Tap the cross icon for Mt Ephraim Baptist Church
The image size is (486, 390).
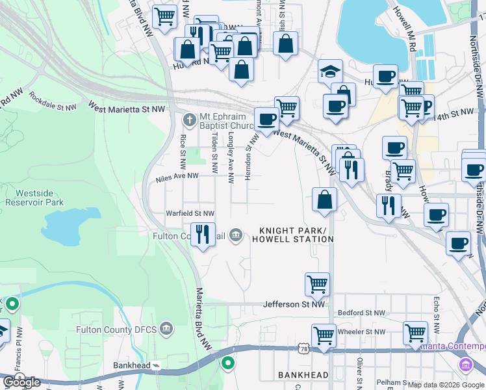tap(189, 120)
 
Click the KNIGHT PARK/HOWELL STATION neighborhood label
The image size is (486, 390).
tap(296, 235)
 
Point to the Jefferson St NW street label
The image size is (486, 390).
tap(294, 304)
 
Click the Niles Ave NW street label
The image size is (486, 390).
tap(177, 176)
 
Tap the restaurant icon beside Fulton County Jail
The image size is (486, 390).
tap(203, 233)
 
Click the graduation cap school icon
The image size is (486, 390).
tap(330, 71)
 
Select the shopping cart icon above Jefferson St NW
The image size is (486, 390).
tap(317, 283)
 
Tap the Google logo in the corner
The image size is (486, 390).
tap(21, 382)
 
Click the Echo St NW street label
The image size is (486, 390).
tap(436, 312)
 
